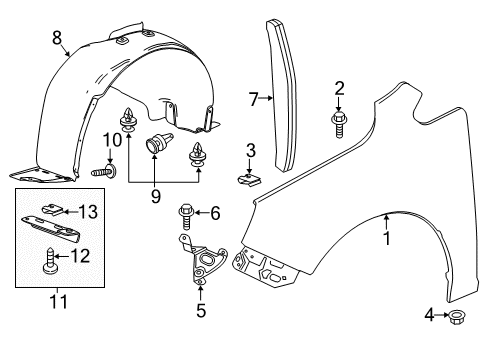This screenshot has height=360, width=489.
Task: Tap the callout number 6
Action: tap(155, 197)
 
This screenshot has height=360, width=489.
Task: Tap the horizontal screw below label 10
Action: tap(104, 171)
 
